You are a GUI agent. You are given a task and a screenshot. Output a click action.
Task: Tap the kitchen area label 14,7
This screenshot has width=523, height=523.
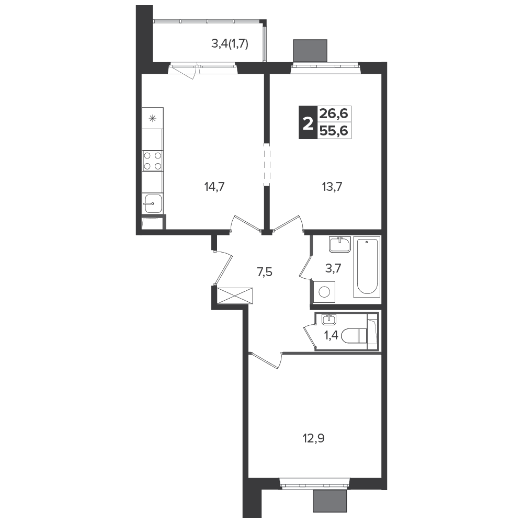pyautogui.click(x=214, y=187)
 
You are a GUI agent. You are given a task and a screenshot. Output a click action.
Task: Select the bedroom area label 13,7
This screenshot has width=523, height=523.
pyautogui.click(x=332, y=187)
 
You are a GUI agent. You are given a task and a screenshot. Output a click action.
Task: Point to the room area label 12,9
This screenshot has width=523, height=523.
pyautogui.click(x=314, y=438)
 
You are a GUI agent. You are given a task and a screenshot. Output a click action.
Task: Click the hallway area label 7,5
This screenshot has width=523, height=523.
pyautogui.click(x=265, y=272)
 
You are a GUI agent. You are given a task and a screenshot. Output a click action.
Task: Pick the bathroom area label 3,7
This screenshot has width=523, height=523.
pyautogui.click(x=333, y=268)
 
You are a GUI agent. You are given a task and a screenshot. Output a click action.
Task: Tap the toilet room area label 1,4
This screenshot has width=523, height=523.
pyautogui.click(x=331, y=335)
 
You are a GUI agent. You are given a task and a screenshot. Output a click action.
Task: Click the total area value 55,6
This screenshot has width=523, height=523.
pyautogui.click(x=334, y=131)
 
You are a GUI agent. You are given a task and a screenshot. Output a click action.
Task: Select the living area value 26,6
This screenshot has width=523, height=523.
pyautogui.click(x=334, y=114)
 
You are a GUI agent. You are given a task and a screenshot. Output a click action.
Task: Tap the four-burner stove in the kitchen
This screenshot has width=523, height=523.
pyautogui.click(x=152, y=161)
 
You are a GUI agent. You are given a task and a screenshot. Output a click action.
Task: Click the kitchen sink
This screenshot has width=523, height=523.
pyautogui.click(x=153, y=203)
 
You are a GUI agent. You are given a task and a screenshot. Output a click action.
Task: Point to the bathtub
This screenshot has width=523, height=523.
pyautogui.click(x=367, y=267)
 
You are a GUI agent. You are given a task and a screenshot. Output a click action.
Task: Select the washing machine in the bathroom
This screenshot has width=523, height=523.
pyautogui.click(x=324, y=291)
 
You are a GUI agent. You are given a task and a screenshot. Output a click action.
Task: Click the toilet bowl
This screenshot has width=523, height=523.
pyautogui.click(x=354, y=336)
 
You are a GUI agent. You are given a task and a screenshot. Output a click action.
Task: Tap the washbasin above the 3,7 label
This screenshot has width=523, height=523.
pyautogui.click(x=339, y=245)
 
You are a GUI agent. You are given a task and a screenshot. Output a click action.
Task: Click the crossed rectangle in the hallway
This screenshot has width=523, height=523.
pyautogui.click(x=235, y=295)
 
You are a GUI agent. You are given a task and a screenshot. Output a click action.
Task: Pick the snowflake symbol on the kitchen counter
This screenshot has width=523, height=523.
pyautogui.click(x=152, y=118)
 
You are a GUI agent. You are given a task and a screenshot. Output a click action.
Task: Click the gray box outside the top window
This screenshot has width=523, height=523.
pyautogui.click(x=310, y=51)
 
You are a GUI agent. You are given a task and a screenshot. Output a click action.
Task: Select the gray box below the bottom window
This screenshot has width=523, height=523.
pyautogui.click(x=330, y=501)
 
